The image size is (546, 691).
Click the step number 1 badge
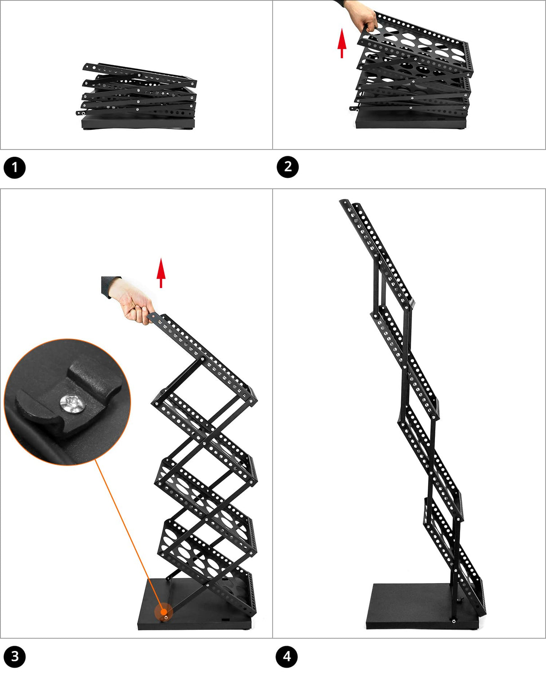14,168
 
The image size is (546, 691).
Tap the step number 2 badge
287,167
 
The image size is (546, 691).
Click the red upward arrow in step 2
342,43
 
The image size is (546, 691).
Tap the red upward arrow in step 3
161,273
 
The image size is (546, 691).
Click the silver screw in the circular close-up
73,403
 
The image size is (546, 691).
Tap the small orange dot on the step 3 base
164,611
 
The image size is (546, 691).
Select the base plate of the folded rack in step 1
138,122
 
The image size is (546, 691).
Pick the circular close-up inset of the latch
67,402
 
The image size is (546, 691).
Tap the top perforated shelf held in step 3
202,358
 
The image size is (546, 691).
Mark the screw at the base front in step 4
453,621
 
